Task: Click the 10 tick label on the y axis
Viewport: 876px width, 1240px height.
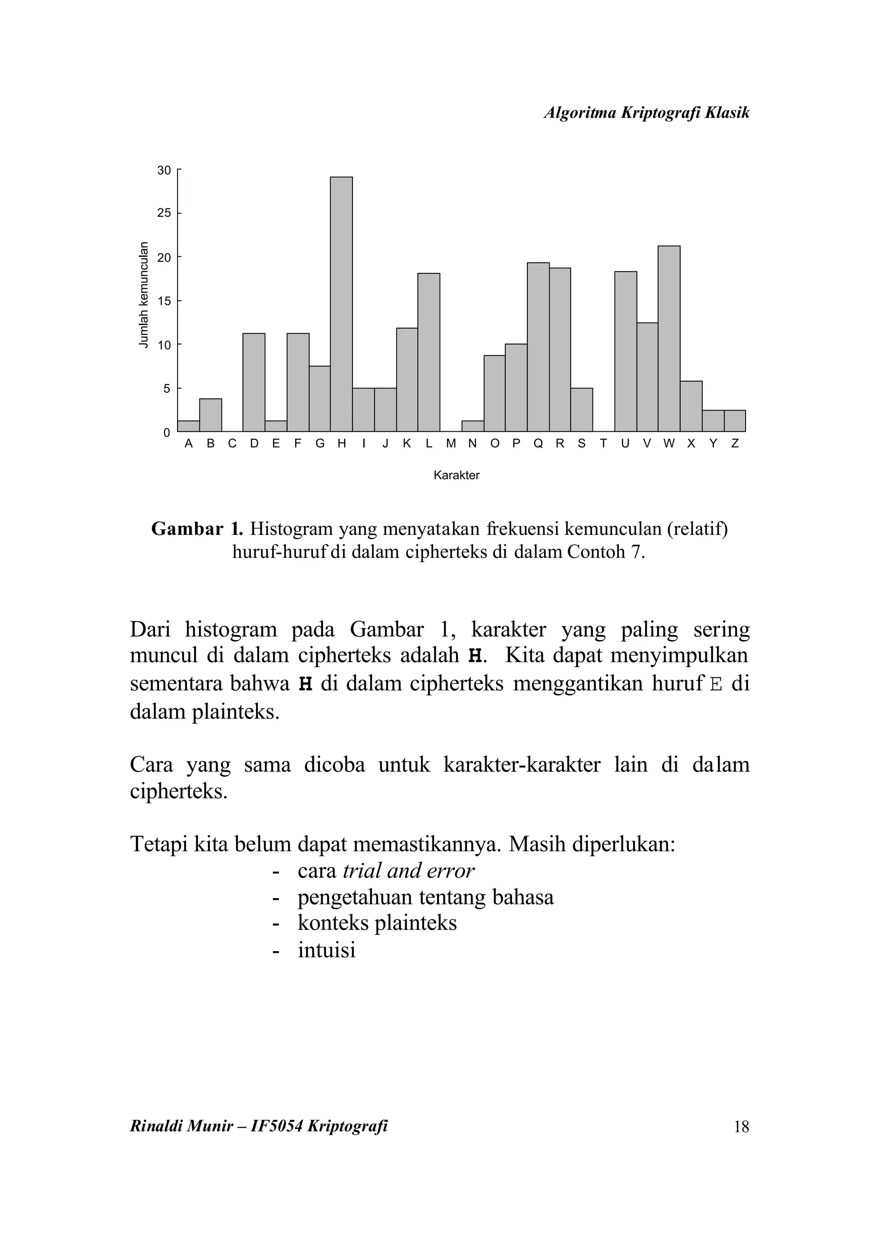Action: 163,344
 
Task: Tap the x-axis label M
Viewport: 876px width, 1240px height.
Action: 451,444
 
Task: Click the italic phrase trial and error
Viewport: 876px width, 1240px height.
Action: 408,871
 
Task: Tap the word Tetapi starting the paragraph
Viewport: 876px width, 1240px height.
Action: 159,844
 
